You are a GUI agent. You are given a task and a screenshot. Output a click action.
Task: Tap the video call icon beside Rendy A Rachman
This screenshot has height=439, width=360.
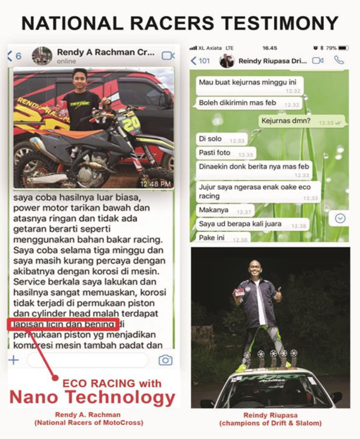pos(168,56)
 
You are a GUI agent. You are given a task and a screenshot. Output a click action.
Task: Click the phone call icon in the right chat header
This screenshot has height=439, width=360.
pos(339,60)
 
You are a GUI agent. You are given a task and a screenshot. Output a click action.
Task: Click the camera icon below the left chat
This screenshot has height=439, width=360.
pos(165,360)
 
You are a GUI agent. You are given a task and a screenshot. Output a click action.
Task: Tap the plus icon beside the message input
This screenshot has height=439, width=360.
pos(14,360)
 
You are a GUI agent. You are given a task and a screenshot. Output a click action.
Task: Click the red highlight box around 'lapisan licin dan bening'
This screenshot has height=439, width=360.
pos(63,324)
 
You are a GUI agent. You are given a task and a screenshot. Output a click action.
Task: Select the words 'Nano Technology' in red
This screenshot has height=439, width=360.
pos(92,397)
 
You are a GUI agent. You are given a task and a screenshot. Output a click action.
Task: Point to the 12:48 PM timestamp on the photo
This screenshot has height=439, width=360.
pos(155,183)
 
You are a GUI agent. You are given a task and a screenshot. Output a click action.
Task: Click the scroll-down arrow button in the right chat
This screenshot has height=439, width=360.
pos(340,219)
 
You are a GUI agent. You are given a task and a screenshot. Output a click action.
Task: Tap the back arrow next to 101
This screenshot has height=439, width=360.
pos(194,60)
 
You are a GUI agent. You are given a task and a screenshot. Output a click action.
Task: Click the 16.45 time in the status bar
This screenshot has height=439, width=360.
pos(270,48)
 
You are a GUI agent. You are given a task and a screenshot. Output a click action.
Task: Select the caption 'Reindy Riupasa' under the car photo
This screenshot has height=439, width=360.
pos(270,415)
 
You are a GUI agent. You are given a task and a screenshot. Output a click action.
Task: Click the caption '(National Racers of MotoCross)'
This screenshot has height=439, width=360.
pos(88,423)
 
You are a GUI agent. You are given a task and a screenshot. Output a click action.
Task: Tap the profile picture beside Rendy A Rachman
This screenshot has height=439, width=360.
pos(42,56)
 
